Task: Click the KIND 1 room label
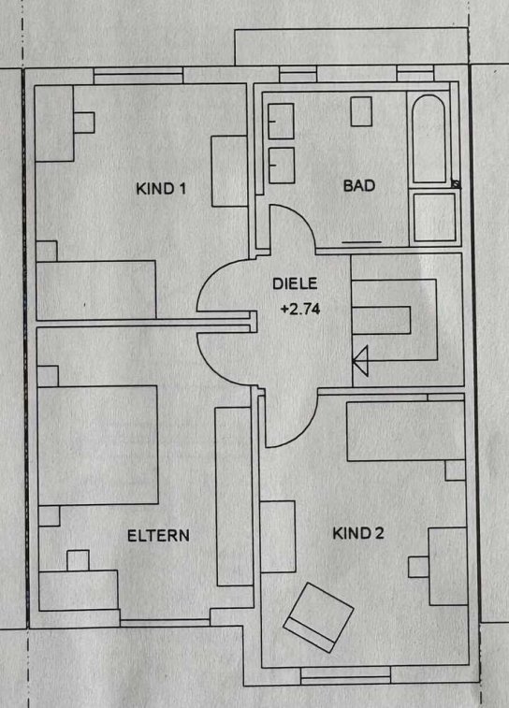tap(161, 188)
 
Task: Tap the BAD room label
tap(359, 185)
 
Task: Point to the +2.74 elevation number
tap(300, 309)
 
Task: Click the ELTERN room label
tap(158, 536)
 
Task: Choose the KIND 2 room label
tap(358, 533)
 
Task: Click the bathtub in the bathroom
tap(429, 138)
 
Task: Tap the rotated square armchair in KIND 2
tap(318, 617)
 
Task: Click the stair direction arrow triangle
tap(361, 360)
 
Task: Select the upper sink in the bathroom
tap(281, 121)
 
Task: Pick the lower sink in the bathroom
tap(282, 166)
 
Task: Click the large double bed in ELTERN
tap(98, 445)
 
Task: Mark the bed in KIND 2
tap(405, 431)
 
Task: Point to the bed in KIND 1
tap(96, 290)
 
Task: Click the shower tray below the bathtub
tap(434, 217)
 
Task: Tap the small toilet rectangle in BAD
tap(361, 111)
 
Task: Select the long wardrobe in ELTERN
tap(234, 497)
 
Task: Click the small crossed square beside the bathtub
tap(457, 183)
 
